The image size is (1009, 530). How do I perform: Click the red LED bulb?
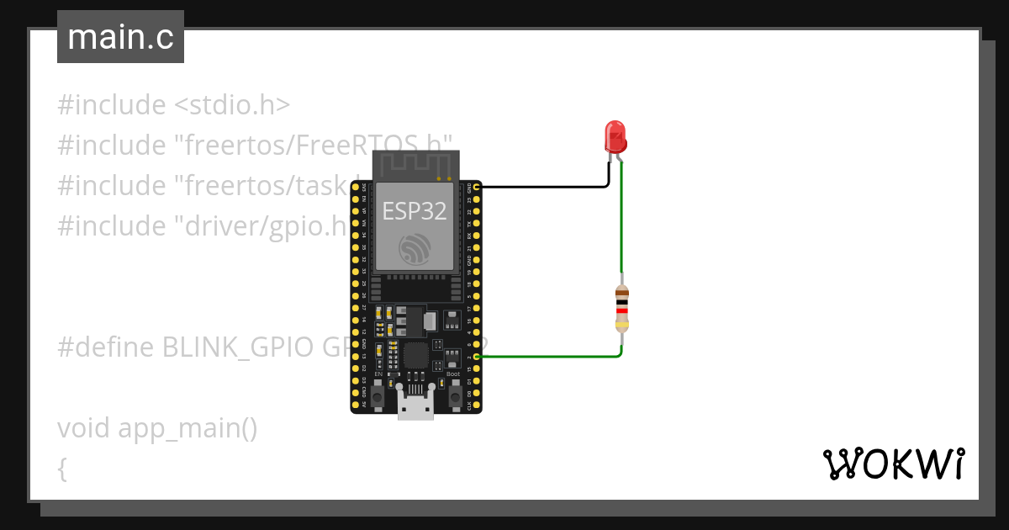(x=615, y=136)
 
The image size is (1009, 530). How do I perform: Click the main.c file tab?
(x=120, y=37)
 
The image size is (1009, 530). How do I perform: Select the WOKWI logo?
(x=893, y=464)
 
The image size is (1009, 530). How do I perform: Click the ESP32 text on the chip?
(x=415, y=210)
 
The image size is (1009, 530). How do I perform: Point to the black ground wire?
(x=547, y=187)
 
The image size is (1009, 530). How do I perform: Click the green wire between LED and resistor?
(x=621, y=219)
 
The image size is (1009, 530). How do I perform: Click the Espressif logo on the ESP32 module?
(x=415, y=248)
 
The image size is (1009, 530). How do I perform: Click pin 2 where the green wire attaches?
(x=477, y=358)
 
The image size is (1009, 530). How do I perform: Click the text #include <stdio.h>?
(x=174, y=105)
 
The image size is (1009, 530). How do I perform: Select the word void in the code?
(x=84, y=428)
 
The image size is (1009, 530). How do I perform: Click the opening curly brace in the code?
(x=62, y=469)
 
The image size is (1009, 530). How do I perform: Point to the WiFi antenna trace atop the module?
(x=416, y=164)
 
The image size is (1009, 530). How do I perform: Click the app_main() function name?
(x=188, y=429)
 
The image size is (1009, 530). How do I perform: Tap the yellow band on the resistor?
(x=621, y=324)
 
